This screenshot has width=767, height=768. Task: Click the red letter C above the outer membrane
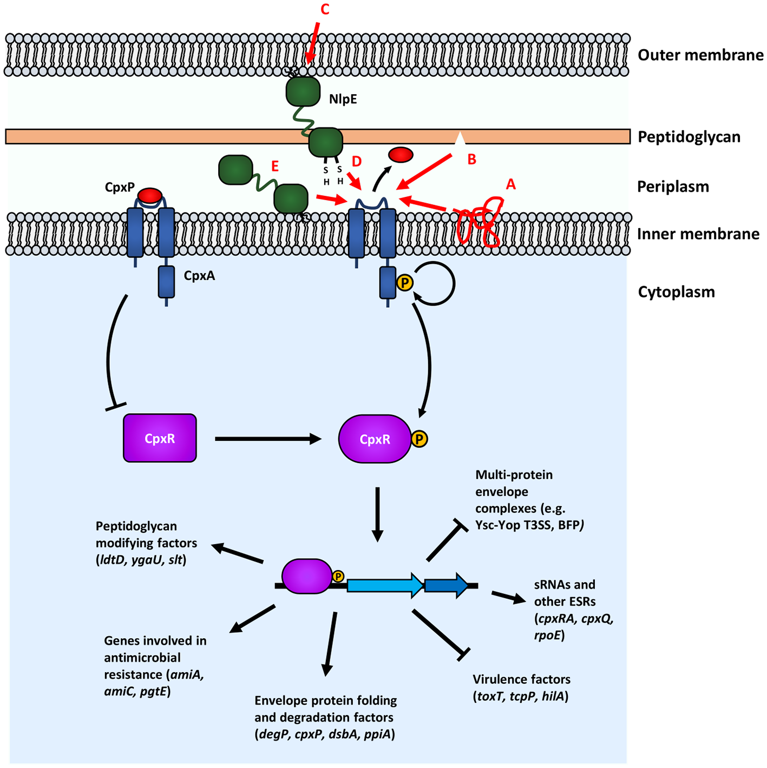coord(325,10)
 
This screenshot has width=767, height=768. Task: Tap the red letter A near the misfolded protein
coord(510,184)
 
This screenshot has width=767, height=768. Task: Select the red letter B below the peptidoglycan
coord(471,159)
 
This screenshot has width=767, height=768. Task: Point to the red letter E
coord(275,166)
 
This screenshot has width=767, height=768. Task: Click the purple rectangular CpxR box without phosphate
coord(160,438)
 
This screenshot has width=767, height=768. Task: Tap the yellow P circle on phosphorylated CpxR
coord(419,439)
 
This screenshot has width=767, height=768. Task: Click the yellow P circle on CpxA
coord(404,282)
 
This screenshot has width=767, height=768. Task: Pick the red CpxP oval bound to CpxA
coord(150,195)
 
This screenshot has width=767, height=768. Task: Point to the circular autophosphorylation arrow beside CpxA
coord(436,283)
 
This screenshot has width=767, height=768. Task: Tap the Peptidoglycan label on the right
coord(689,137)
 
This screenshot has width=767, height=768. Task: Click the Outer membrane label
coord(700,55)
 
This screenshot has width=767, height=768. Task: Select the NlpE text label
coord(343,99)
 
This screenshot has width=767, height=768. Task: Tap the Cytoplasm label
coord(676,292)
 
